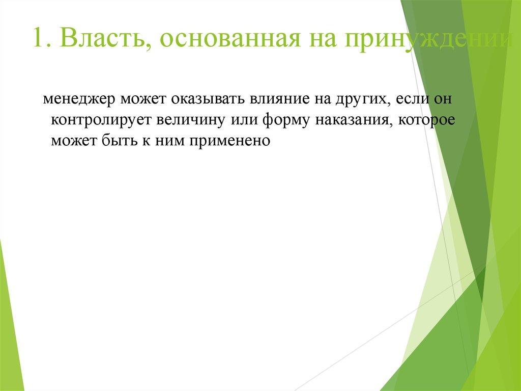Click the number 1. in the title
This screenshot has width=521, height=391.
pos(41,40)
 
